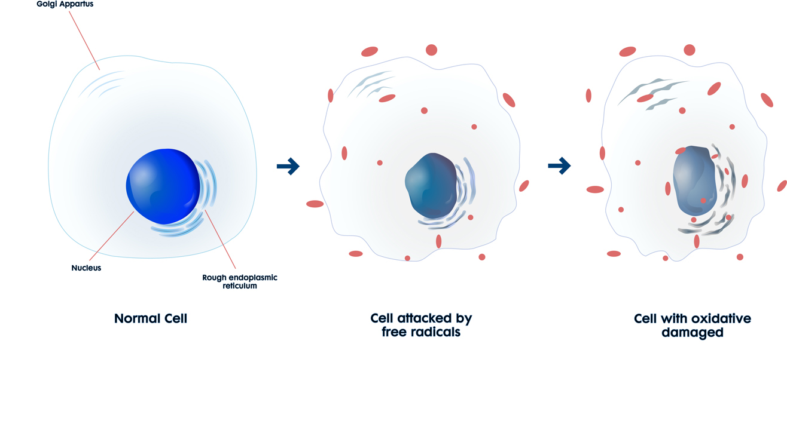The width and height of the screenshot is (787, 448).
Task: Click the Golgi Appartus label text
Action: (x=65, y=4)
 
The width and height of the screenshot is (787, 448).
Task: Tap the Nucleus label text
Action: (x=86, y=268)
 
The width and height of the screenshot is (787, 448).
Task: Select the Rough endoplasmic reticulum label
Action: (x=240, y=282)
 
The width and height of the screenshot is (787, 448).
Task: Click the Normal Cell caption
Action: (x=151, y=318)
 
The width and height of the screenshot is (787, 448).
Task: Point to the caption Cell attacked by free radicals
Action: (x=421, y=325)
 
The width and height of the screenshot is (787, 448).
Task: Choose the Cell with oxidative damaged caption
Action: (x=693, y=326)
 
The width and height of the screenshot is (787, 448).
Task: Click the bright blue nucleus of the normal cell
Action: (x=163, y=186)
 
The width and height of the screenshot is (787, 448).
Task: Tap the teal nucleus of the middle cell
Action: (x=431, y=185)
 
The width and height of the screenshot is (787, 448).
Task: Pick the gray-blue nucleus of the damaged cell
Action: (x=694, y=180)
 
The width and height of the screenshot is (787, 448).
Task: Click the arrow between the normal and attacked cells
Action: (x=288, y=166)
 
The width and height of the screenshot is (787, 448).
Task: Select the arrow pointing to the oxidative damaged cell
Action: (x=559, y=165)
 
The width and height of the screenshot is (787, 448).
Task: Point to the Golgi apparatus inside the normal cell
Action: (x=102, y=84)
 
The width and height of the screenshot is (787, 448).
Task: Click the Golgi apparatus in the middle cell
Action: (x=371, y=85)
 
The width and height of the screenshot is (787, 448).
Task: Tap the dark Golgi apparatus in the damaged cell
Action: (x=652, y=94)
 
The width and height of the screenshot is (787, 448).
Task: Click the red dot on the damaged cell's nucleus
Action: (x=703, y=201)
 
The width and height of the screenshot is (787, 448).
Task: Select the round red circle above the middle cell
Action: (x=431, y=50)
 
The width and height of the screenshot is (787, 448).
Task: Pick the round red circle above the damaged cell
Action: (x=690, y=50)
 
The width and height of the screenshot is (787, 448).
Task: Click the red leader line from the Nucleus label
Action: (x=112, y=236)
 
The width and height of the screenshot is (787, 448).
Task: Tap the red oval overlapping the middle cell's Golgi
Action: (x=387, y=98)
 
